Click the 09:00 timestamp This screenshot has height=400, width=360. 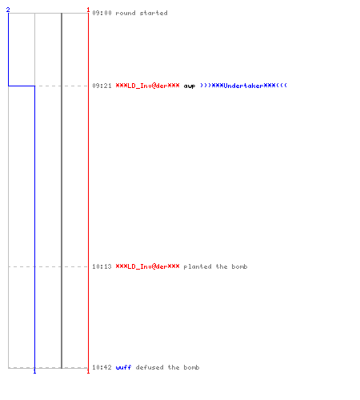click(102, 13)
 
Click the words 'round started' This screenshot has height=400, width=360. click(142, 13)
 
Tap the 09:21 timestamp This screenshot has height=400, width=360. click(102, 86)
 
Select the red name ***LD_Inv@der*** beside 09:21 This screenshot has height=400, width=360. click(147, 86)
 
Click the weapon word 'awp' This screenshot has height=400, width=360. click(190, 86)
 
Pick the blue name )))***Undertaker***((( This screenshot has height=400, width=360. click(243, 86)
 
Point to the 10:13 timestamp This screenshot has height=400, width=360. click(102, 266)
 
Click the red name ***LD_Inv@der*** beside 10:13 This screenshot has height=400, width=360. click(147, 266)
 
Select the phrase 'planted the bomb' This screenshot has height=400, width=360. click(215, 266)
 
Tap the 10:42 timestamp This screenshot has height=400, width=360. click(102, 367)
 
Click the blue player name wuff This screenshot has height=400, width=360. click(123, 367)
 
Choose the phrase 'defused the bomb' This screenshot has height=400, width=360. click(167, 367)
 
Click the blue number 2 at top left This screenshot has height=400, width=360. click(8, 10)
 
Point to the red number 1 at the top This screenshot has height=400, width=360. click(88, 10)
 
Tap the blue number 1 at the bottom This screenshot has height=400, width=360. click(34, 371)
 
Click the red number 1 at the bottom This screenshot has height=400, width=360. click(88, 371)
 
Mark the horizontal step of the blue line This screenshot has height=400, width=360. click(22, 86)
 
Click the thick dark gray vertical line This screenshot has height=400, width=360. click(62, 190)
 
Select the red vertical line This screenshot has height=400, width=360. click(88, 190)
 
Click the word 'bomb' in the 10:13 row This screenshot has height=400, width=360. click(239, 266)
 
